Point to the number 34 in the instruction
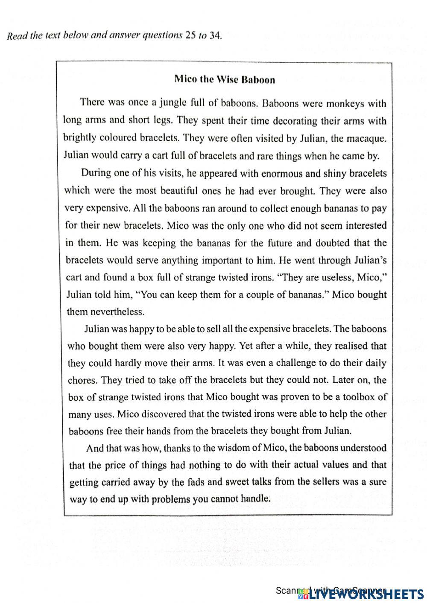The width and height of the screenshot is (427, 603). (215, 35)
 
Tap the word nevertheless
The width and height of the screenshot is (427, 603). (117, 312)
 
